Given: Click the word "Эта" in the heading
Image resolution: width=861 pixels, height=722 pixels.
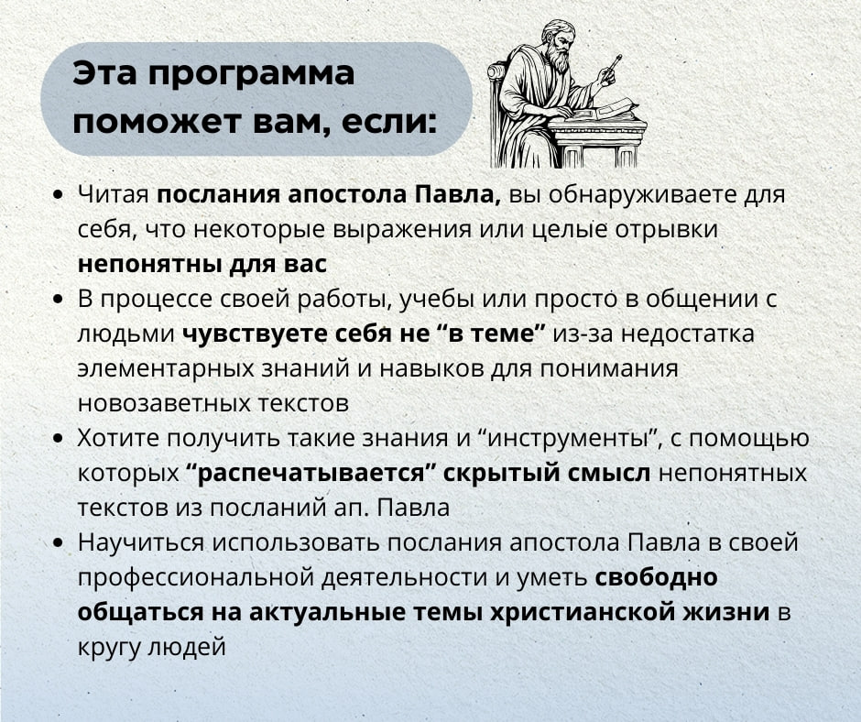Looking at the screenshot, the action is (x=104, y=72).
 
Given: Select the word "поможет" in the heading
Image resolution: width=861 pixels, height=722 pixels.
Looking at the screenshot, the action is (x=157, y=122).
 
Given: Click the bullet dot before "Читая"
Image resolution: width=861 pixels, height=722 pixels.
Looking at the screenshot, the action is (x=59, y=195).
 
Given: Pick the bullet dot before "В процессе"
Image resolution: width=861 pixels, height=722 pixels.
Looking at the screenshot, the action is (x=59, y=300).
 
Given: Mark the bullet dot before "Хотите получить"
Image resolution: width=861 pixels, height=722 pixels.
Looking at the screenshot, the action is (x=59, y=440).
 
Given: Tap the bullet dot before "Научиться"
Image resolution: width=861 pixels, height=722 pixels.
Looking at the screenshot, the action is (x=59, y=543).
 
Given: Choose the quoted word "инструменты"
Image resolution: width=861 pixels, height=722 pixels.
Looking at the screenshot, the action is (x=567, y=439).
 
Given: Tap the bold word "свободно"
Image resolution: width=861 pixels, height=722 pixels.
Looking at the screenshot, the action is (x=656, y=577).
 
